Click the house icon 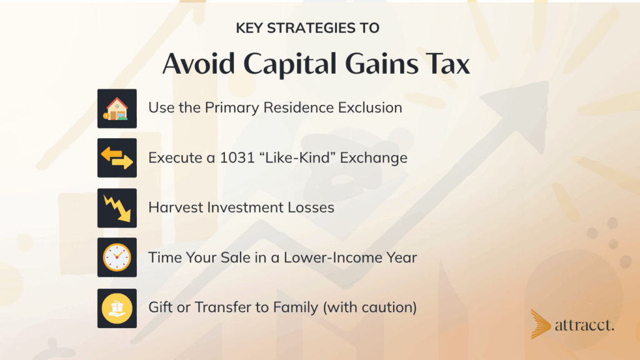pos(117,109)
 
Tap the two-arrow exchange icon pos(117,158)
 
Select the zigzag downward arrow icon pos(117,208)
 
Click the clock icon pos(117,257)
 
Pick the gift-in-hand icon pos(117,309)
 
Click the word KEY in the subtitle pos(249,28)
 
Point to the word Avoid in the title pos(199,64)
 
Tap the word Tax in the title pos(447,64)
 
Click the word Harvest pos(176,207)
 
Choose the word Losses pos(311,207)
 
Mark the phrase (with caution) pos(370,307)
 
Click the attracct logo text pos(584,325)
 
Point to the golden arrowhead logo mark pos(540,324)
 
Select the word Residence pos(298,107)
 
